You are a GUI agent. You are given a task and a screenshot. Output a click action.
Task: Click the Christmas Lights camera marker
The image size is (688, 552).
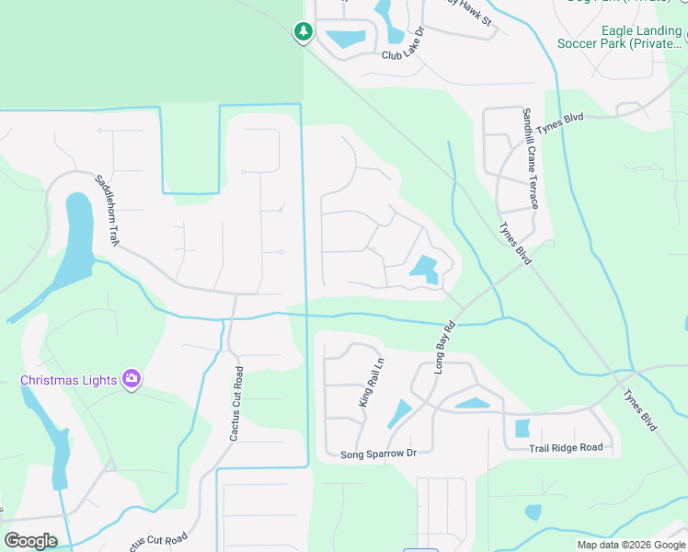131,378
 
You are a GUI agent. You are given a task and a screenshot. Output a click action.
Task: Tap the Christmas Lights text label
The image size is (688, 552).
69,380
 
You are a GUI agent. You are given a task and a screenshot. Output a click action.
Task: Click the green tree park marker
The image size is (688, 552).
304,32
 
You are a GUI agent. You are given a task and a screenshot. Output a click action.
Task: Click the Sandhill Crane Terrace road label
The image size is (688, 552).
530,157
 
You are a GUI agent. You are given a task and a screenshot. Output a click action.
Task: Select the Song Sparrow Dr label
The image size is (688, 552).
379,454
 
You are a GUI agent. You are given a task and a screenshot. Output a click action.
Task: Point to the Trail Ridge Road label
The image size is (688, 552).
566,448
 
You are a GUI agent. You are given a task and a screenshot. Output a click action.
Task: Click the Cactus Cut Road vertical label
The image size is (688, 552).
236,402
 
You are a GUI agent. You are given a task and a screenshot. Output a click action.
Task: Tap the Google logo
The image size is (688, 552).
30,541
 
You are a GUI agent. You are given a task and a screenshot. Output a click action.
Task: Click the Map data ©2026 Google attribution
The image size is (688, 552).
631,545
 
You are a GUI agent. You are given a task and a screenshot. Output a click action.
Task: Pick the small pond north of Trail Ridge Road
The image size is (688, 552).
522,428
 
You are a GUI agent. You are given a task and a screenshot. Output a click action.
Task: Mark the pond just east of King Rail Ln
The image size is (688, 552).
399,413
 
